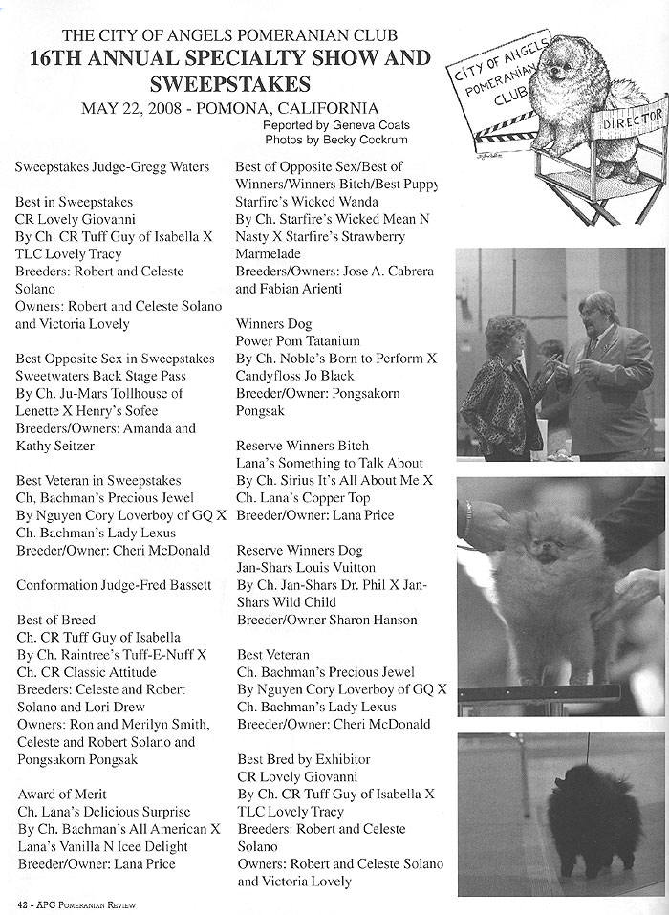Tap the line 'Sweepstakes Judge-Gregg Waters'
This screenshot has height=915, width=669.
tap(112, 167)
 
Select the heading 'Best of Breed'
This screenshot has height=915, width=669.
tap(55, 621)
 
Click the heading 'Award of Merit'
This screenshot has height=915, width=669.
tap(62, 795)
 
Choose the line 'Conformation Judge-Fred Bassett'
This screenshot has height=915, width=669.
tap(114, 585)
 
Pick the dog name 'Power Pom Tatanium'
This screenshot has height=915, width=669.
tap(297, 341)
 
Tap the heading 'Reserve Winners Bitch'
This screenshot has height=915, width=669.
tap(302, 446)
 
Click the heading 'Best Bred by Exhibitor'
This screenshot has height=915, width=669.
tap(303, 759)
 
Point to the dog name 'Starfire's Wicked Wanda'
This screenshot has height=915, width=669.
tap(307, 202)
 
